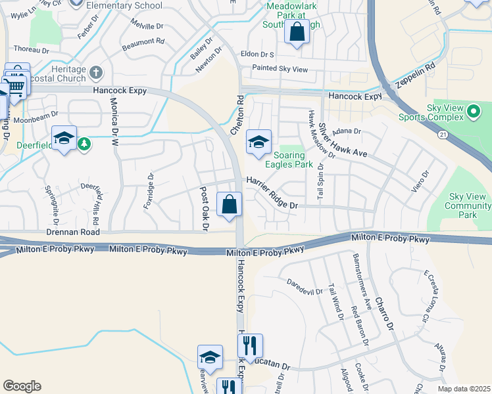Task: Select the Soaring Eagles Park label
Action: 289,160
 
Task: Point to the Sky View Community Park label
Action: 467,206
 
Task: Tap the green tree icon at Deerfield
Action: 84,143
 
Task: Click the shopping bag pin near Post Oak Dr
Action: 229,205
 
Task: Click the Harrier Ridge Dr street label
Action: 272,192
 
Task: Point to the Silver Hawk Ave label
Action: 341,141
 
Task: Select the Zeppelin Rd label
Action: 416,76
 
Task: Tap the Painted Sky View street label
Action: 280,68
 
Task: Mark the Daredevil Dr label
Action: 305,287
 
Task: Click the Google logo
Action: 22,386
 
